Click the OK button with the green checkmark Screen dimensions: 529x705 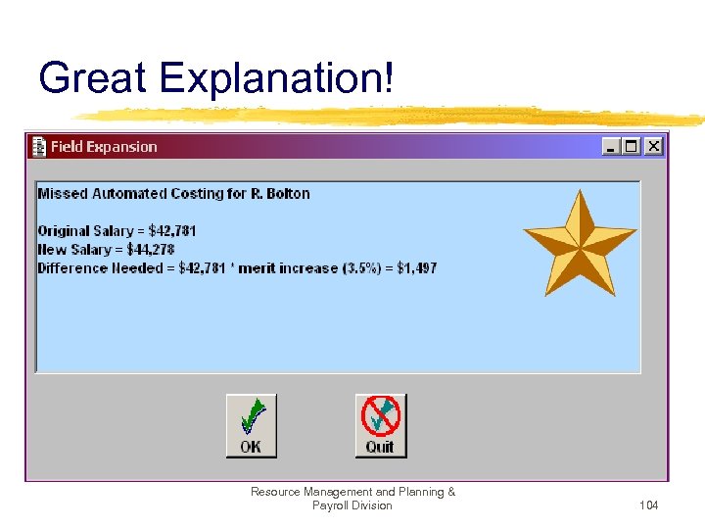[x=252, y=425]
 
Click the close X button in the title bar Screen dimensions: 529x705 [x=653, y=146]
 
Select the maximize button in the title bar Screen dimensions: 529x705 [x=632, y=146]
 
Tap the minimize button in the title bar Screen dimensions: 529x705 [x=612, y=146]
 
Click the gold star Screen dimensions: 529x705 [x=580, y=242]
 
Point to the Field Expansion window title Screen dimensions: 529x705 [x=104, y=147]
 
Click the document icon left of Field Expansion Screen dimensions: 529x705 [x=39, y=147]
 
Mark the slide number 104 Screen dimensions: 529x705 [x=647, y=505]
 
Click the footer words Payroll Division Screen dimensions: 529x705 [x=352, y=505]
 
